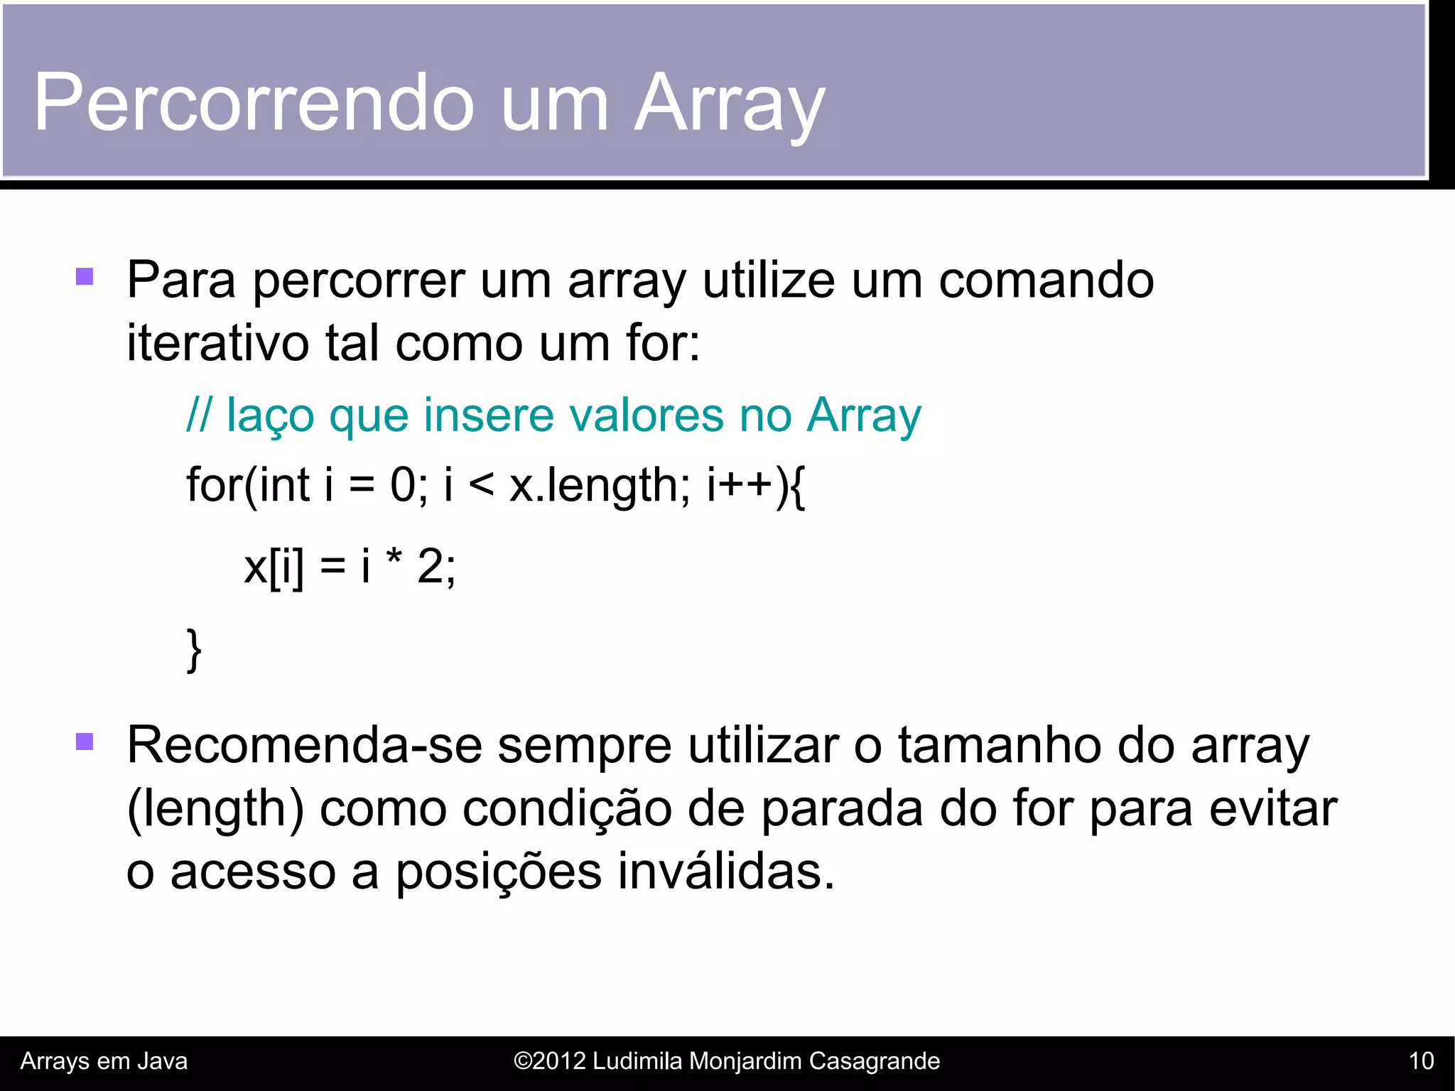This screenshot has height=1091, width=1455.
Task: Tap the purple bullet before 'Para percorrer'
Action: (85, 276)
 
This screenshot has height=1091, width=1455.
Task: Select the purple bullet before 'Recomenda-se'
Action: (85, 742)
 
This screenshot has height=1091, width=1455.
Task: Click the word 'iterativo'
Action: (217, 343)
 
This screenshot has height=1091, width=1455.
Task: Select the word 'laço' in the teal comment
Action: (270, 416)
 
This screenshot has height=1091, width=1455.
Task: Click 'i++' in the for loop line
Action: (739, 486)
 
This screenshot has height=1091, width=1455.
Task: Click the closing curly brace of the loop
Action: (194, 649)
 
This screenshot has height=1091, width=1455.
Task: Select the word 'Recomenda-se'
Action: (304, 746)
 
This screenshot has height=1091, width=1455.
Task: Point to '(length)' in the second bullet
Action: (215, 810)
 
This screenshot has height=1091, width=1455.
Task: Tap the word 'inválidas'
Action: (725, 872)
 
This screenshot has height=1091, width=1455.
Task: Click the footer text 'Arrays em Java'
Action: (104, 1061)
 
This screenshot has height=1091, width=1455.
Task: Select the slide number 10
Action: (1421, 1061)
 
